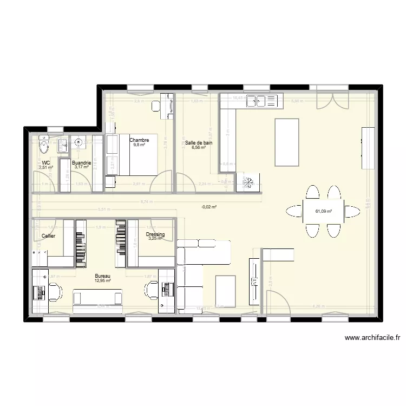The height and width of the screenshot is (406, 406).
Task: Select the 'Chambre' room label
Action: tap(139, 140)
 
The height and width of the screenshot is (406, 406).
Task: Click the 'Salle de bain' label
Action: tap(199, 143)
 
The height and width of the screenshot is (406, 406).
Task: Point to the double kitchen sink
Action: tap(261, 100)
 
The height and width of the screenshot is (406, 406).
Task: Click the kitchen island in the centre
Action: tap(287, 142)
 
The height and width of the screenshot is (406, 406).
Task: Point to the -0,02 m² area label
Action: tap(209, 207)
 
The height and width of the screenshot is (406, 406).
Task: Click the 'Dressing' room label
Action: tap(155, 234)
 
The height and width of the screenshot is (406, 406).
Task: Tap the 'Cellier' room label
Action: tap(48, 236)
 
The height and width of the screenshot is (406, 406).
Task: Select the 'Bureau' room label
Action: tap(102, 276)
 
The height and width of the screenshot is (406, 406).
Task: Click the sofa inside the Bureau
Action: tap(98, 298)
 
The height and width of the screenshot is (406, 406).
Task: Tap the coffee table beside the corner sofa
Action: tap(225, 290)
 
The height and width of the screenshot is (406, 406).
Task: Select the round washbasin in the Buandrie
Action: tap(79, 143)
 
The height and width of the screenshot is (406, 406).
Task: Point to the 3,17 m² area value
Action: tap(82, 167)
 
